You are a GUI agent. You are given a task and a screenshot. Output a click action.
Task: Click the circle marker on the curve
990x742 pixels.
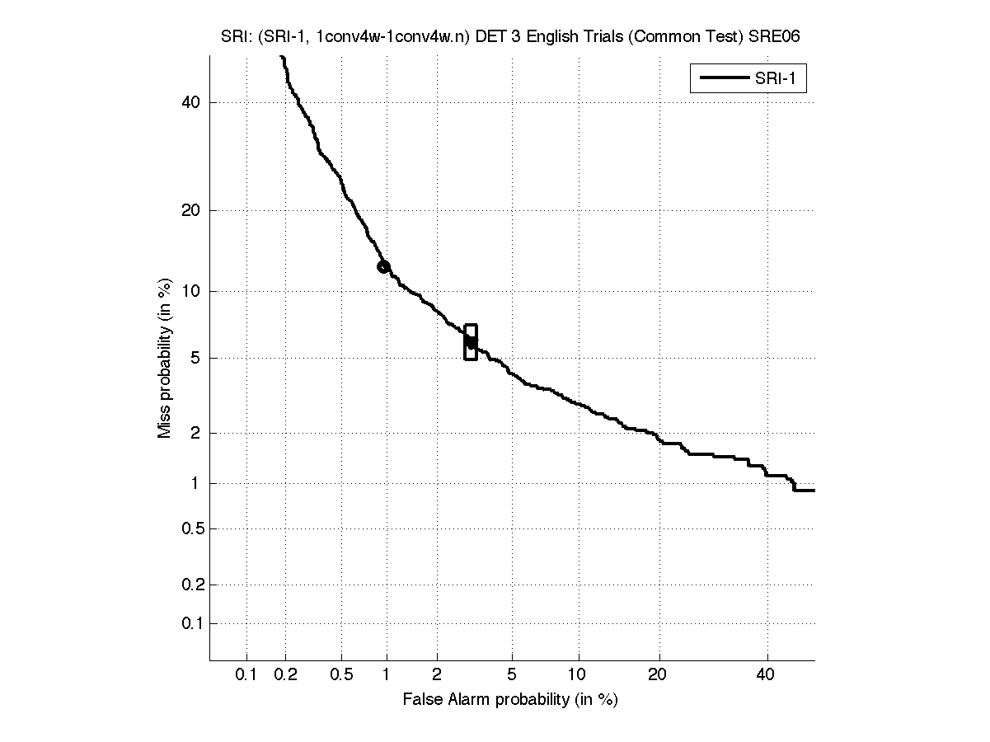(x=383, y=266)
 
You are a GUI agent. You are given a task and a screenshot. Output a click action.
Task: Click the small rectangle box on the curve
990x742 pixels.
(x=471, y=342)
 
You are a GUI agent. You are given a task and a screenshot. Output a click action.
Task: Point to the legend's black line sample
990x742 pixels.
(x=723, y=79)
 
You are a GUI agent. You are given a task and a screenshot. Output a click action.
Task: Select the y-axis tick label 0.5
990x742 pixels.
(x=191, y=528)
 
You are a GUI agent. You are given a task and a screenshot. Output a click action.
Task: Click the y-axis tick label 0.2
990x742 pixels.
(x=191, y=585)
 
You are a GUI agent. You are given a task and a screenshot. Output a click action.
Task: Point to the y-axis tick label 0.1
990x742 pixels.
(x=191, y=623)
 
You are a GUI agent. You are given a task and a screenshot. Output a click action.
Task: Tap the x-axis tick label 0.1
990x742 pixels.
(x=246, y=675)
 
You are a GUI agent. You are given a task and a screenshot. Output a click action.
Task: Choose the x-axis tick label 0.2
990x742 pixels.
(x=285, y=675)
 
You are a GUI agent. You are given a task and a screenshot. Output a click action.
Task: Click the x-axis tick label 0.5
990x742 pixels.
(x=341, y=675)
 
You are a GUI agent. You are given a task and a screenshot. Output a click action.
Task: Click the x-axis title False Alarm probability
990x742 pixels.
(x=510, y=700)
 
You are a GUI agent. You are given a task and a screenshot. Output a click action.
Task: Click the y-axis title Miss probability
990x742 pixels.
(x=165, y=357)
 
